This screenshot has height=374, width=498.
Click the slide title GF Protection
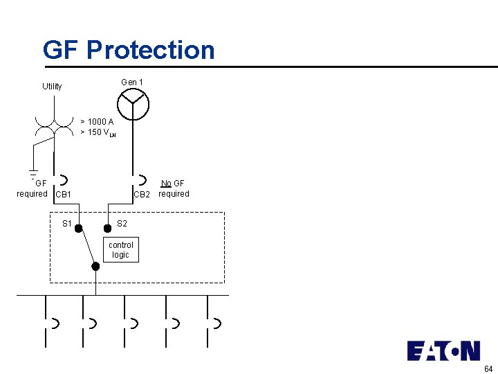(129, 50)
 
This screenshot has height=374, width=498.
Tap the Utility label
(52, 87)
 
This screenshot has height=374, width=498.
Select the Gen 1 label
(132, 82)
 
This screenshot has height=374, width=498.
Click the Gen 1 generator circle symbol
(133, 105)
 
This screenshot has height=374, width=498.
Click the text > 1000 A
(97, 122)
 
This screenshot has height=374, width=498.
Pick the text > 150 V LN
(98, 132)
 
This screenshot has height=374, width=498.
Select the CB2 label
(142, 195)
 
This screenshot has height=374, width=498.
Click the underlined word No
(166, 184)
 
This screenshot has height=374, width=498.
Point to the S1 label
(67, 224)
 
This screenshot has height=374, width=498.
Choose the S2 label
(122, 224)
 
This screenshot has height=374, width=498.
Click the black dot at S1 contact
(79, 228)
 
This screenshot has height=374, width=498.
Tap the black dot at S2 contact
(107, 228)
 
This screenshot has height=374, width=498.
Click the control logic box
(120, 250)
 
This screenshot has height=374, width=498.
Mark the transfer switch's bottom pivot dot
(95, 266)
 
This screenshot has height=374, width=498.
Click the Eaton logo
(443, 350)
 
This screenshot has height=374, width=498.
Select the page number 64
(488, 368)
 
